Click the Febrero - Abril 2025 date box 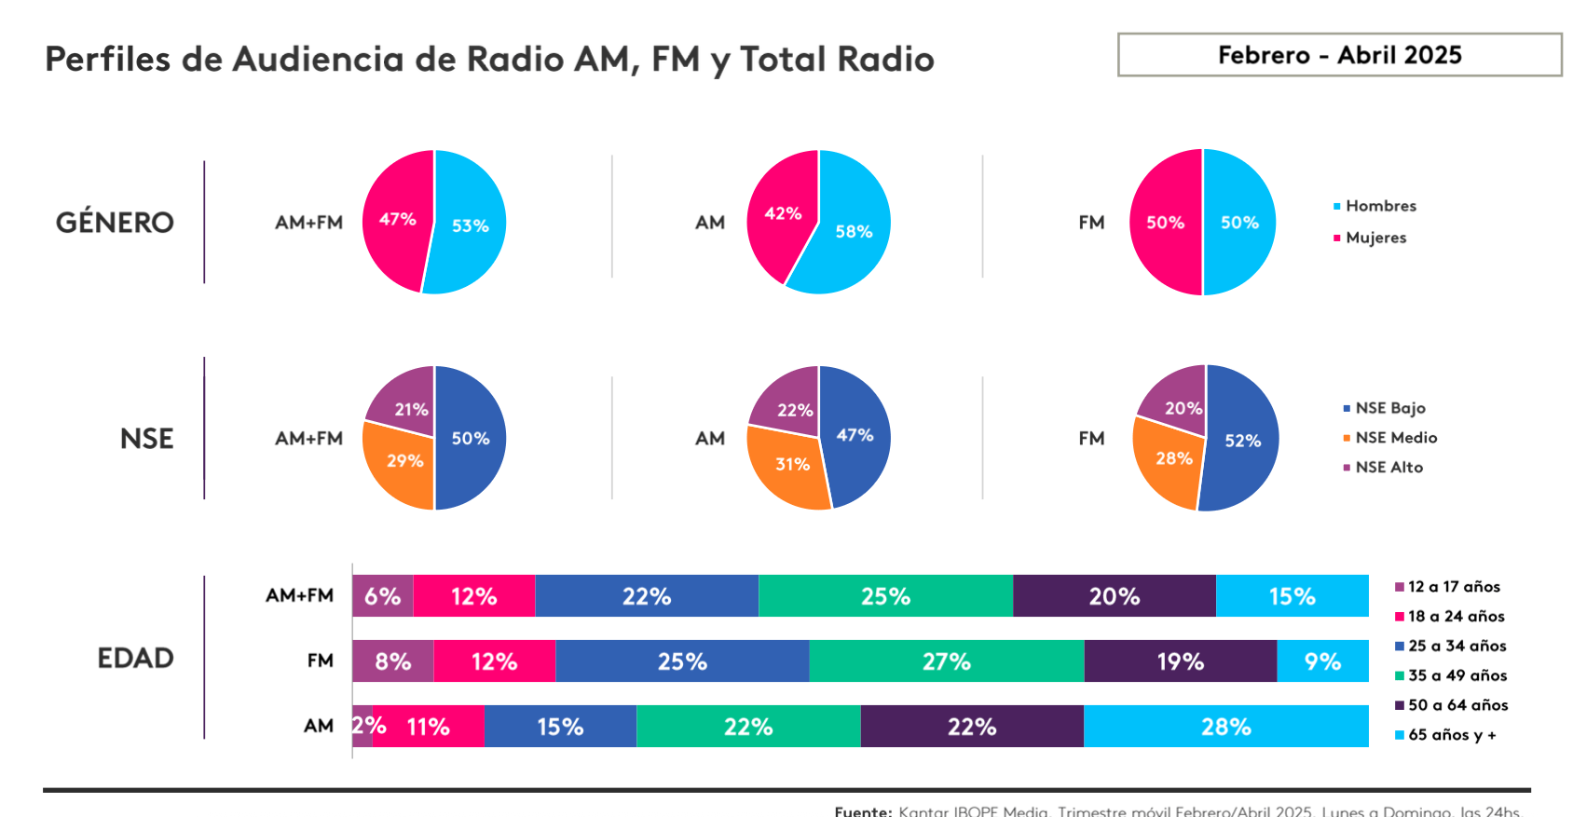pyautogui.click(x=1339, y=55)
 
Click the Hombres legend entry pyautogui.click(x=1380, y=206)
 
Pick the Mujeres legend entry pyautogui.click(x=1375, y=238)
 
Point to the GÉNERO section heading pyautogui.click(x=115, y=223)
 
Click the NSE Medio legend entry pyautogui.click(x=1395, y=438)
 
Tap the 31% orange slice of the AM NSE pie pyautogui.click(x=791, y=465)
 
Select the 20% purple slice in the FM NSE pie pyautogui.click(x=1180, y=402)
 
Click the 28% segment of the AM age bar pyautogui.click(x=1225, y=727)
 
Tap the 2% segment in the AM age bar pyautogui.click(x=362, y=727)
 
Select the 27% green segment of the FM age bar pyautogui.click(x=946, y=661)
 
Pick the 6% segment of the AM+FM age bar pyautogui.click(x=382, y=596)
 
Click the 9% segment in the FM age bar pyautogui.click(x=1322, y=661)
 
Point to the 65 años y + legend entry pyautogui.click(x=1451, y=735)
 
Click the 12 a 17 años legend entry pyautogui.click(x=1453, y=587)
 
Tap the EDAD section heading pyautogui.click(x=135, y=659)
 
